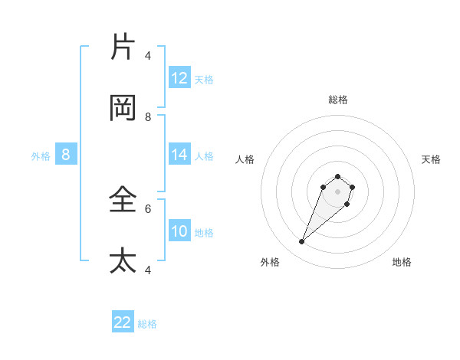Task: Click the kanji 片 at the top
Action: [123, 46]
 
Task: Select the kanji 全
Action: [123, 199]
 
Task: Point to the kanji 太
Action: [123, 260]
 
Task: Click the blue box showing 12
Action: [179, 78]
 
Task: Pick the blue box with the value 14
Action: [179, 155]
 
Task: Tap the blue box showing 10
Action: [179, 231]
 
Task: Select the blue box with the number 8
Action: [66, 155]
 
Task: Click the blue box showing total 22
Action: [123, 322]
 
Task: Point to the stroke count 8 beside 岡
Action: [149, 116]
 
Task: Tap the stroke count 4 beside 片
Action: [149, 55]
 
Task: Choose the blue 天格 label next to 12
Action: [204, 79]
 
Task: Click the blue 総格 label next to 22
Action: [147, 324]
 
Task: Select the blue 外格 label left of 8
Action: [41, 156]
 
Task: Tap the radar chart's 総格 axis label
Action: [338, 100]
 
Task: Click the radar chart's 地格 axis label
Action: [402, 262]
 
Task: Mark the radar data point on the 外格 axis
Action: [302, 242]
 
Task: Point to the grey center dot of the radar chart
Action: [338, 191]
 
